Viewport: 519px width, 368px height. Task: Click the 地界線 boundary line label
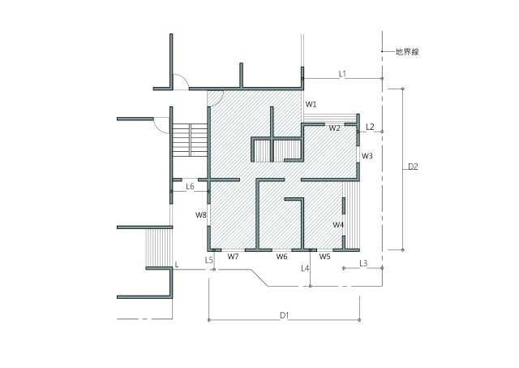[x=407, y=52]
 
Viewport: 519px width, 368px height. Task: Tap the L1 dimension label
[x=342, y=74]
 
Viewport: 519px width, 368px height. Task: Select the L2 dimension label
[x=370, y=127]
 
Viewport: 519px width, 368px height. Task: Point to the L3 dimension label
[x=363, y=263]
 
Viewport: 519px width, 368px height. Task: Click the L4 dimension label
[x=305, y=268]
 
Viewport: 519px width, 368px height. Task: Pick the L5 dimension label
[x=208, y=260]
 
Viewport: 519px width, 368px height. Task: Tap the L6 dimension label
[x=190, y=187]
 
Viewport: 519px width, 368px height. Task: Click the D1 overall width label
[x=285, y=315]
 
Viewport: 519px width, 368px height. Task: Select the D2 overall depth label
[x=413, y=167]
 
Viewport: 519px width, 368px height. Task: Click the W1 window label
[x=311, y=105]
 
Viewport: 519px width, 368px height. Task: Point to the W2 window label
[x=334, y=128]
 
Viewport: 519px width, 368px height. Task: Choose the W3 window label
[x=367, y=156]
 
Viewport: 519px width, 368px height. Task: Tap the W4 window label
[x=338, y=225]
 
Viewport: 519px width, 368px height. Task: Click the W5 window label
[x=324, y=257]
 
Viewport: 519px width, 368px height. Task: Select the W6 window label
[x=282, y=257]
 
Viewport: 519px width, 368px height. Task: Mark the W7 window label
[x=233, y=257]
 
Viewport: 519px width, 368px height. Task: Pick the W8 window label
[x=201, y=215]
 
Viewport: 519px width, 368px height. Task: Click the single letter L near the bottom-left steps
[x=177, y=265]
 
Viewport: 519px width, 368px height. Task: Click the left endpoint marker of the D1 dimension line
[x=209, y=320]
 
